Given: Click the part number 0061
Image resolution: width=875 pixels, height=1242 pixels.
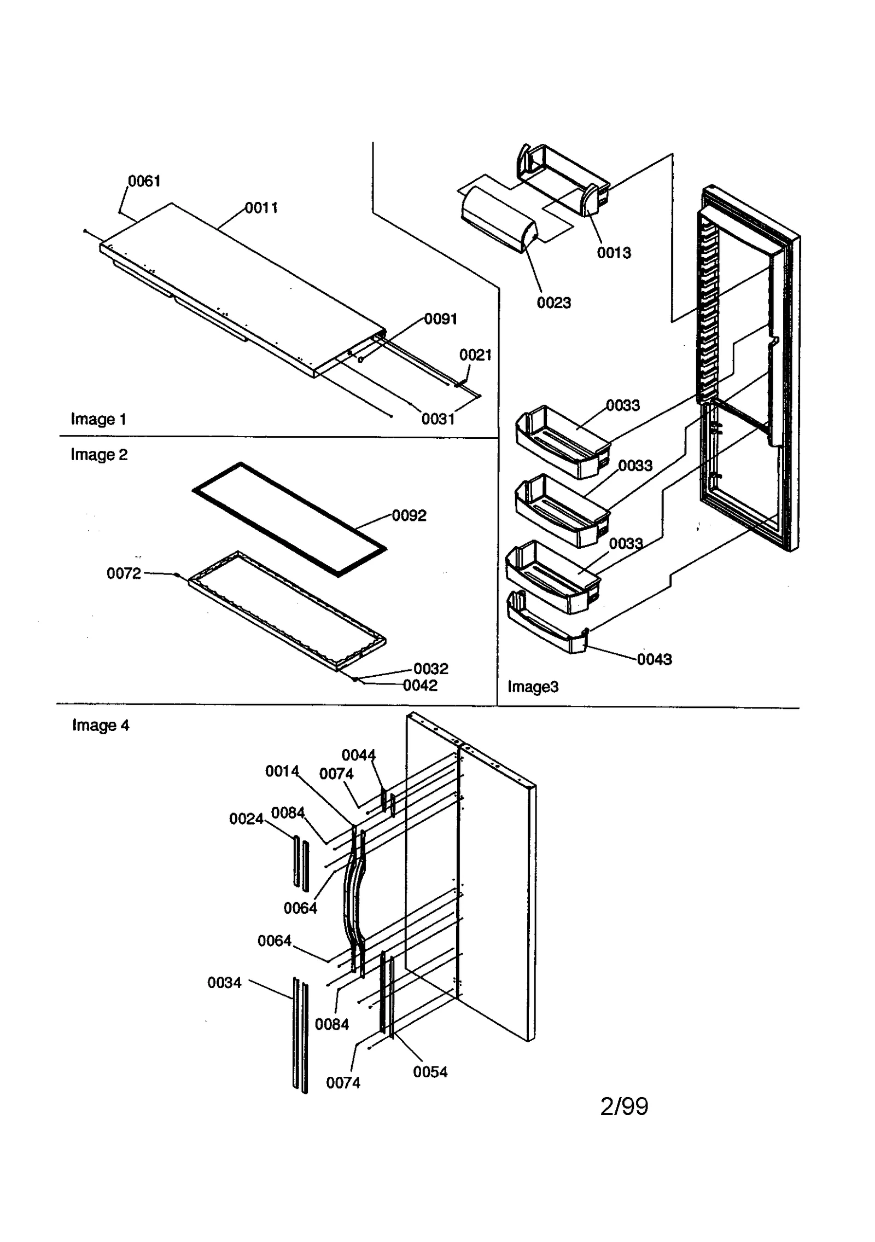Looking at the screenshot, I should click(x=144, y=181).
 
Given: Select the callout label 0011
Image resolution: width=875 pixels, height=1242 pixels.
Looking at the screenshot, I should click(x=261, y=208).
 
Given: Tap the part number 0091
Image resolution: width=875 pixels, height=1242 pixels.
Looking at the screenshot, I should click(x=441, y=319).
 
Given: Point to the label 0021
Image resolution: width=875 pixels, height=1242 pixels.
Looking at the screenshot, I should click(x=475, y=355).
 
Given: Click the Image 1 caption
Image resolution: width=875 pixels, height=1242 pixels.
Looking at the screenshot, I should click(x=98, y=419).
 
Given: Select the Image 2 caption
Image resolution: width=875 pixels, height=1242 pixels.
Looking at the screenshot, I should click(x=99, y=455).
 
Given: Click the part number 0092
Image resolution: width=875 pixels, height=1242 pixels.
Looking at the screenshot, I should click(x=409, y=515).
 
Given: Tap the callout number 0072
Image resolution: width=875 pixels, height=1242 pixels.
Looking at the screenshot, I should click(x=124, y=573).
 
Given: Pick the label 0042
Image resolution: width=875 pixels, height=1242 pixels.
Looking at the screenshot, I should click(x=420, y=686).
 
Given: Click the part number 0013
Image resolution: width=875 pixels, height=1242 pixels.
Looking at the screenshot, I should click(x=614, y=253).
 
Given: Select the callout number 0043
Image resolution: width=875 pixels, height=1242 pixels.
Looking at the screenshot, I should click(x=654, y=659).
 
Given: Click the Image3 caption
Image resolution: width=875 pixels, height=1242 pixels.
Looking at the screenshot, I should click(x=533, y=687).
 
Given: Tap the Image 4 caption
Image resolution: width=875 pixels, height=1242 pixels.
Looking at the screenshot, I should click(x=101, y=726).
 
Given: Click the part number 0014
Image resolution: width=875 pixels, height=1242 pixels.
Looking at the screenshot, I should click(x=282, y=771).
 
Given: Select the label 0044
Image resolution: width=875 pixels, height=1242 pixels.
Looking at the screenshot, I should click(x=359, y=755).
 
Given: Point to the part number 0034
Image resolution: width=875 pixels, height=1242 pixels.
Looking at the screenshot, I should click(x=224, y=983).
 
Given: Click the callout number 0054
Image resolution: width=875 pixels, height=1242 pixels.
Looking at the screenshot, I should click(x=430, y=1072).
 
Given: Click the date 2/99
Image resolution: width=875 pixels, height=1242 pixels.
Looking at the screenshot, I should click(x=624, y=1106).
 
